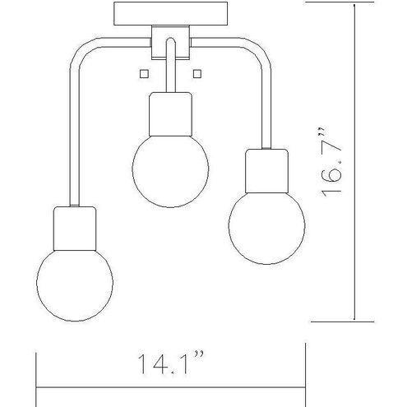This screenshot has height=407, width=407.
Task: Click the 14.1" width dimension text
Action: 171,363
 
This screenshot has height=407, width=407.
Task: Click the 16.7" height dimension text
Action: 331,162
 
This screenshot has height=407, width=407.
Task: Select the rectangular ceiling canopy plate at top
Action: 170,14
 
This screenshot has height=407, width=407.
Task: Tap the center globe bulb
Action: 170,171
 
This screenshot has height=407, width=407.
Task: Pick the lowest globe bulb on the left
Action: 75,285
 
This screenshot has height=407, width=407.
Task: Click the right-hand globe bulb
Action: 266,229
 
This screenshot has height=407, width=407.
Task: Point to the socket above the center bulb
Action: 170,114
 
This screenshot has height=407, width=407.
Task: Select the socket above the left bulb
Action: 75,229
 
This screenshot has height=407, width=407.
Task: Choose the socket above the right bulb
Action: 266,171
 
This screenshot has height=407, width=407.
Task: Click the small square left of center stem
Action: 144,74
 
